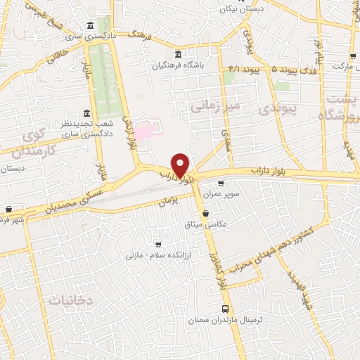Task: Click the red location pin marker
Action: point(181,165)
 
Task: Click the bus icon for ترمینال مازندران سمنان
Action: point(225,308)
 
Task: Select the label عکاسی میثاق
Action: point(203,225)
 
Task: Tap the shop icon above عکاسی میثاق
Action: point(205,213)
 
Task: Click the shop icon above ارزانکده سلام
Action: point(157,242)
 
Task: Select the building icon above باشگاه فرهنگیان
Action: point(178,55)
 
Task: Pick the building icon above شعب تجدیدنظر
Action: point(86,112)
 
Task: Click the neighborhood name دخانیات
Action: point(70,300)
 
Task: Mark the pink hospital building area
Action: point(146,131)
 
